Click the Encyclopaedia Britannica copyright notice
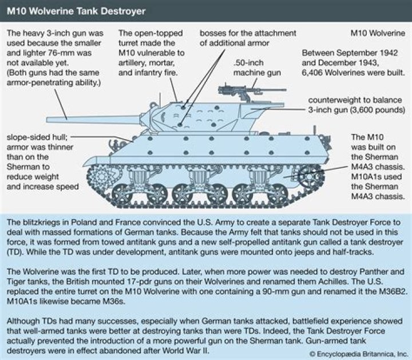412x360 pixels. click(x=351, y=352)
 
